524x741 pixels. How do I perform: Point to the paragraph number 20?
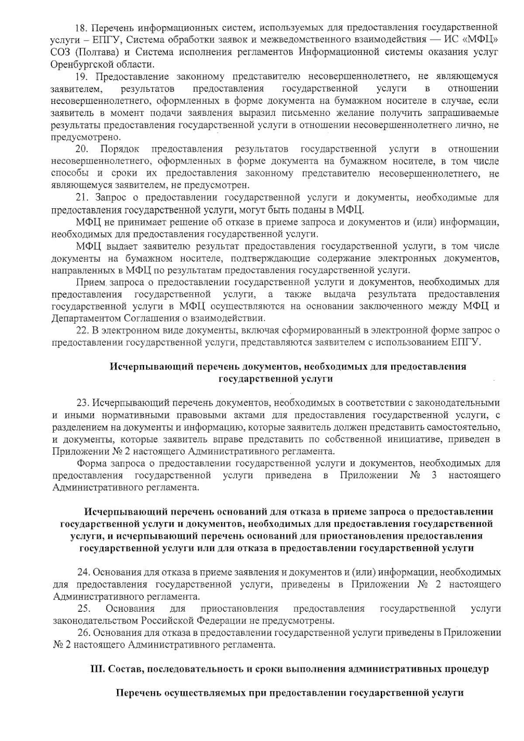[82, 149]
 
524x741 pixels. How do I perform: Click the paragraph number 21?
[82, 198]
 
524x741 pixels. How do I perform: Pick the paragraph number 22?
[82, 331]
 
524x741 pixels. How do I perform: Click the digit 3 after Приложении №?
[434, 475]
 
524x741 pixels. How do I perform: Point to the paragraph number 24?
[83, 572]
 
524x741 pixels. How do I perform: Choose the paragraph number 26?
[84, 633]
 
